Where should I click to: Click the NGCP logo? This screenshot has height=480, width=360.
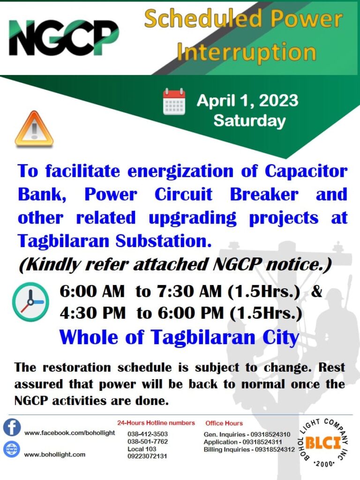click(x=64, y=37)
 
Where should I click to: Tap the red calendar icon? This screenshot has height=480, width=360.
click(x=174, y=101)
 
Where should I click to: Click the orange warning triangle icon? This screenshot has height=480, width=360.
click(x=34, y=128)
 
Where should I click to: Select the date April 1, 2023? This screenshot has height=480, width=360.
click(x=247, y=100)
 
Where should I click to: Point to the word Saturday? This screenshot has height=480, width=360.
click(x=249, y=120)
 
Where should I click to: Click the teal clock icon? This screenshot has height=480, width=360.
click(x=30, y=302)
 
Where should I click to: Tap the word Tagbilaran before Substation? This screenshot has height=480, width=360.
click(x=63, y=241)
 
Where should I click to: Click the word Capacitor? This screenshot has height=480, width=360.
click(x=306, y=171)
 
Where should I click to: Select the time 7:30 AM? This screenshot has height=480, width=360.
click(x=189, y=291)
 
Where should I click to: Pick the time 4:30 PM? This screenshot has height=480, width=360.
click(x=92, y=313)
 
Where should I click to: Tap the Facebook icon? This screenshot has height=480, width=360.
click(x=12, y=427)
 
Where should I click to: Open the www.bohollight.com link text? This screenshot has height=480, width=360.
click(x=55, y=455)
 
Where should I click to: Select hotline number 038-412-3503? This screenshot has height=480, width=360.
click(x=148, y=434)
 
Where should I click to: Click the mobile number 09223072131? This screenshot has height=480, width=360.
click(x=147, y=456)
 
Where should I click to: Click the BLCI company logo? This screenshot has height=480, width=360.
click(x=323, y=442)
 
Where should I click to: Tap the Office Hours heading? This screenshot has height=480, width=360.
click(x=224, y=423)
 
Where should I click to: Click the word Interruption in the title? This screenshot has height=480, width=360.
click(x=247, y=52)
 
